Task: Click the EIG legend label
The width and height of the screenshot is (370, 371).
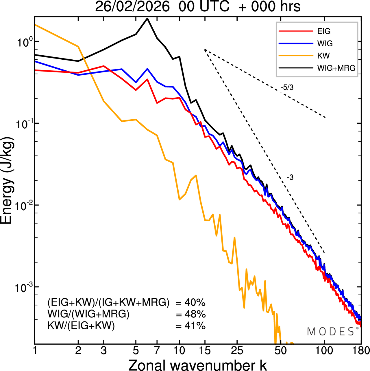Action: tap(324, 31)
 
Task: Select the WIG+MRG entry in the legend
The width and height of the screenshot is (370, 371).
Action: tap(336, 68)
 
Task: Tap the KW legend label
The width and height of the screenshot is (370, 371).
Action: tap(323, 56)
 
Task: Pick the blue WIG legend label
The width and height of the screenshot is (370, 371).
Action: tap(325, 43)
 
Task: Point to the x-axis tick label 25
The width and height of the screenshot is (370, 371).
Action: tap(237, 350)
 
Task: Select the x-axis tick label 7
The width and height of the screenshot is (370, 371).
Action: tap(157, 350)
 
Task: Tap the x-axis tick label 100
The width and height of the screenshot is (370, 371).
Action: tap(324, 350)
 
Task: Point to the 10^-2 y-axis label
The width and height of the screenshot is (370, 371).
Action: tap(23, 206)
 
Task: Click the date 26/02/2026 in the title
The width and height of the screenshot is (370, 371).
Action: tap(132, 6)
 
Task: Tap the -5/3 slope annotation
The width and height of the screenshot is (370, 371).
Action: tap(287, 87)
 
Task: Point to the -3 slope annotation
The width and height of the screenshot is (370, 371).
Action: tap(290, 178)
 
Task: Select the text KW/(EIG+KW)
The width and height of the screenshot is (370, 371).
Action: tap(81, 326)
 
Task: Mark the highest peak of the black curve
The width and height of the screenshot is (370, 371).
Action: tap(147, 19)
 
